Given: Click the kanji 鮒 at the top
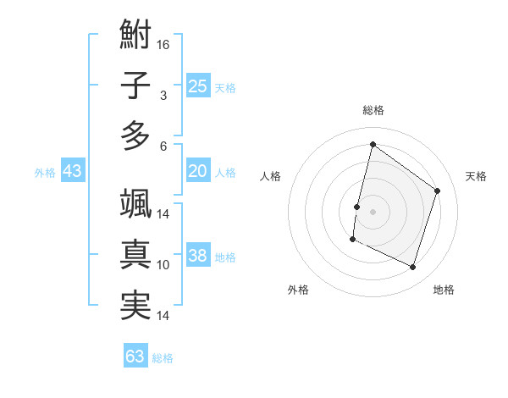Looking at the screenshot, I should [x=135, y=36].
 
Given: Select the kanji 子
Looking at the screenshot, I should [x=135, y=86].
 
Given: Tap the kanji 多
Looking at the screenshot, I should [x=135, y=135].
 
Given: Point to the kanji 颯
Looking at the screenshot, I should [x=135, y=205].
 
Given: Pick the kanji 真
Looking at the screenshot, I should [x=135, y=255].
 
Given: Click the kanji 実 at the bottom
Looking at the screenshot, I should [x=135, y=305].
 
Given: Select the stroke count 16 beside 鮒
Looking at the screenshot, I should [x=164, y=44].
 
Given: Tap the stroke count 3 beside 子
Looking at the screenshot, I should [x=163, y=95].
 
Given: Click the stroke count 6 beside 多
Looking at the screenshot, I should [x=163, y=145].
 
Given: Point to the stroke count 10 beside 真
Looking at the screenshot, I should [x=163, y=265].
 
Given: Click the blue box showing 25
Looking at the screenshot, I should [x=198, y=86].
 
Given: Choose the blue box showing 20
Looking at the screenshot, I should [x=198, y=172].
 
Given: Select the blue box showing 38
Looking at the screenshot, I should [x=198, y=257].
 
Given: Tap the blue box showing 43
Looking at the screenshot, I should [x=73, y=172].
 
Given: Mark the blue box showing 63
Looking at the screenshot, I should [x=135, y=357].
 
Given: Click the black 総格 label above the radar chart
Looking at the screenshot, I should [x=373, y=110].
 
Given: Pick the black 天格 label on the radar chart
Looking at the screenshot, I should [x=476, y=176].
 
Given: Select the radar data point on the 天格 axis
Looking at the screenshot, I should [x=438, y=191].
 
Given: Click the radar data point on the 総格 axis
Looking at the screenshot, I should [x=373, y=144].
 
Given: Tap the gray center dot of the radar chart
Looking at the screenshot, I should [x=373, y=211].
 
